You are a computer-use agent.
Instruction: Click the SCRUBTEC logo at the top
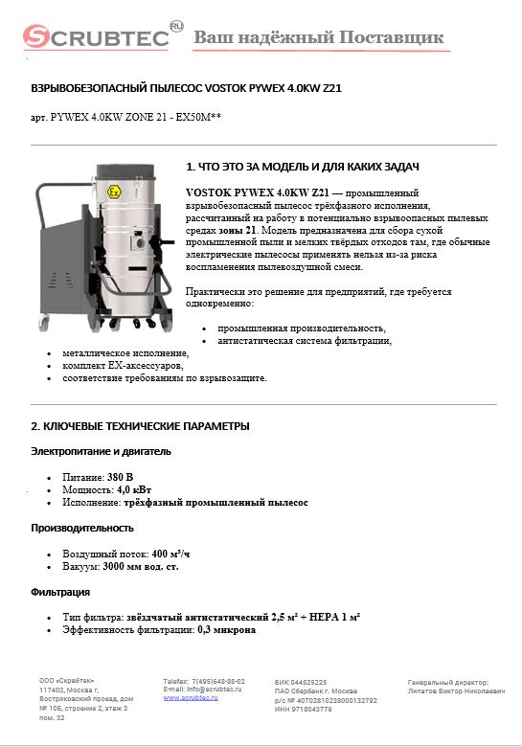pyautogui.click(x=96, y=37)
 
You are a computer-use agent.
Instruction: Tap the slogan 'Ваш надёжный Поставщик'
pyautogui.click(x=319, y=37)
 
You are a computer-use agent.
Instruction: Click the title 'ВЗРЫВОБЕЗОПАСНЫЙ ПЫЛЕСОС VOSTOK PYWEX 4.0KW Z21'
pyautogui.click(x=187, y=88)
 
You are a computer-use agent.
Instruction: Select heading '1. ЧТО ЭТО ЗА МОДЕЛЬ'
pyautogui.click(x=302, y=167)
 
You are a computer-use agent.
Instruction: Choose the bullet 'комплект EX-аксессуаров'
pyautogui.click(x=123, y=366)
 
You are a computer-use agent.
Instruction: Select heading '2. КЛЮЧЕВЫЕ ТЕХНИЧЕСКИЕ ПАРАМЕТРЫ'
pyautogui.click(x=141, y=425)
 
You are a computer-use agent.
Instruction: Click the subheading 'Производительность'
pyautogui.click(x=82, y=528)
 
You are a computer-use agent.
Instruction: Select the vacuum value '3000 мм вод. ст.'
pyautogui.click(x=141, y=566)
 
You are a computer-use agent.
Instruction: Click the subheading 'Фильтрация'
pyautogui.click(x=61, y=592)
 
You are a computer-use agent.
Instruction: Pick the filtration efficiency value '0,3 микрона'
pyautogui.click(x=227, y=630)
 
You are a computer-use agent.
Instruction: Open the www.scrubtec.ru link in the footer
pyautogui.click(x=191, y=698)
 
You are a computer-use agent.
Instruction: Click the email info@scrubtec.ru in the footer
pyautogui.click(x=209, y=690)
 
